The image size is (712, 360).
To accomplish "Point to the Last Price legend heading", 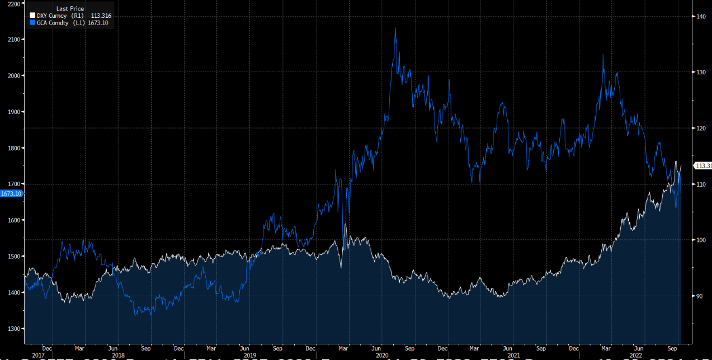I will point(70,8).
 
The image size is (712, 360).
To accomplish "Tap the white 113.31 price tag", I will point(702,165).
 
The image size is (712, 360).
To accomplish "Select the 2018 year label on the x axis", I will point(117,355).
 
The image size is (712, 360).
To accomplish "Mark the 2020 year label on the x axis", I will point(383,355).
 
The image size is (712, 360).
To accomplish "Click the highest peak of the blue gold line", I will point(395,28).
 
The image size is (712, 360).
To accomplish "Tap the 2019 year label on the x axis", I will point(250,355).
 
